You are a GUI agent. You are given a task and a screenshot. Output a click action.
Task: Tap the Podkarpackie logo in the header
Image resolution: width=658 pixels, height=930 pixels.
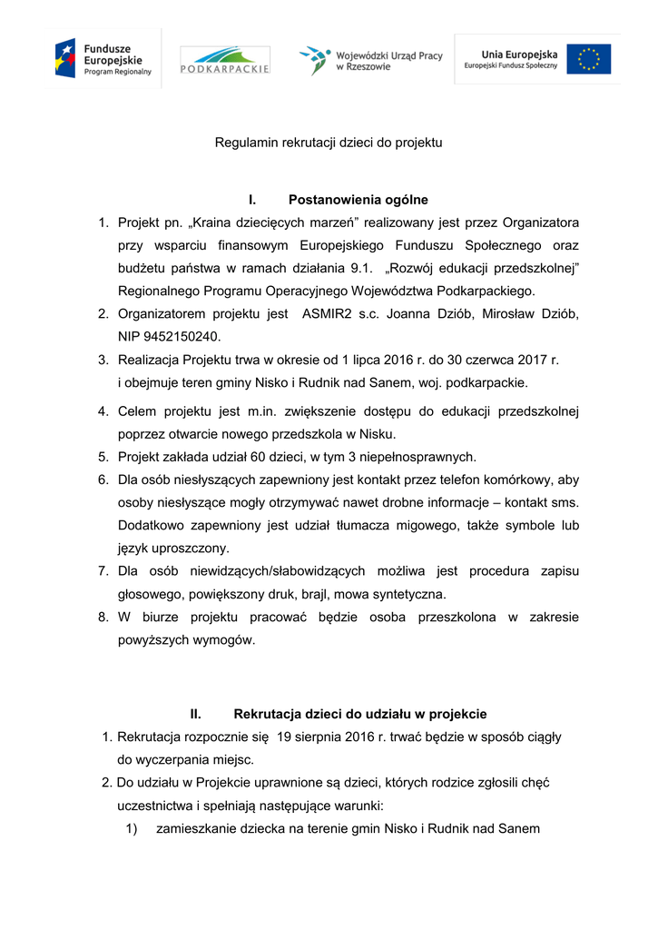(224, 61)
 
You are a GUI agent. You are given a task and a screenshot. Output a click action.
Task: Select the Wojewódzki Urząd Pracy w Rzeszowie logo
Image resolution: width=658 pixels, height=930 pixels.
(371, 61)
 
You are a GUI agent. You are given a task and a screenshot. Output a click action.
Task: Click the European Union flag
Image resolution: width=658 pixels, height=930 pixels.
(588, 59)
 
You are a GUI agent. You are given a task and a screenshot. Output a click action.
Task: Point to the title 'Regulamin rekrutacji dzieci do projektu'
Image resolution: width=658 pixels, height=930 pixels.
(329, 143)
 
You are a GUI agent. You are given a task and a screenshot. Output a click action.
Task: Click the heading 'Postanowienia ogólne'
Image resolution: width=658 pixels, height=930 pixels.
(358, 200)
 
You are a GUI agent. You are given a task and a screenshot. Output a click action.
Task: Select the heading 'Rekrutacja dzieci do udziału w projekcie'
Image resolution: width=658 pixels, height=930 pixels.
(359, 714)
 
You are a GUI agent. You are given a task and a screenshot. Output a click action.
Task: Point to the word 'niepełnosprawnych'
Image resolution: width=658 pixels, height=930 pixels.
(418, 457)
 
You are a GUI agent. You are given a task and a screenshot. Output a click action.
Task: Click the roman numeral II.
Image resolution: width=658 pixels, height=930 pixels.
(194, 714)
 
